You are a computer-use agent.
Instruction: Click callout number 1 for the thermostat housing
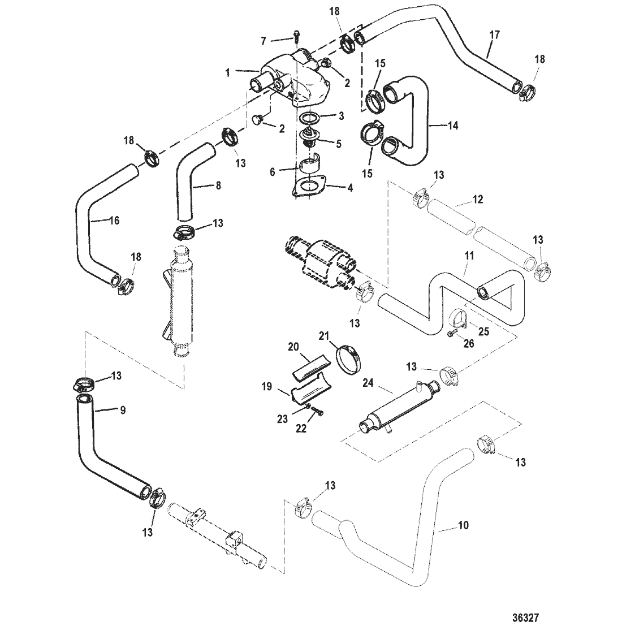pos(228,72)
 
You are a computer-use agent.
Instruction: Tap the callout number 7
pos(264,41)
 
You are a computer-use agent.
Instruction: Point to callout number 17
pos(494,35)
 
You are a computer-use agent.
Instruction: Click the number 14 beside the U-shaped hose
pos(452,126)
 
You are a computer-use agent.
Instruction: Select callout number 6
pos(272,172)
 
